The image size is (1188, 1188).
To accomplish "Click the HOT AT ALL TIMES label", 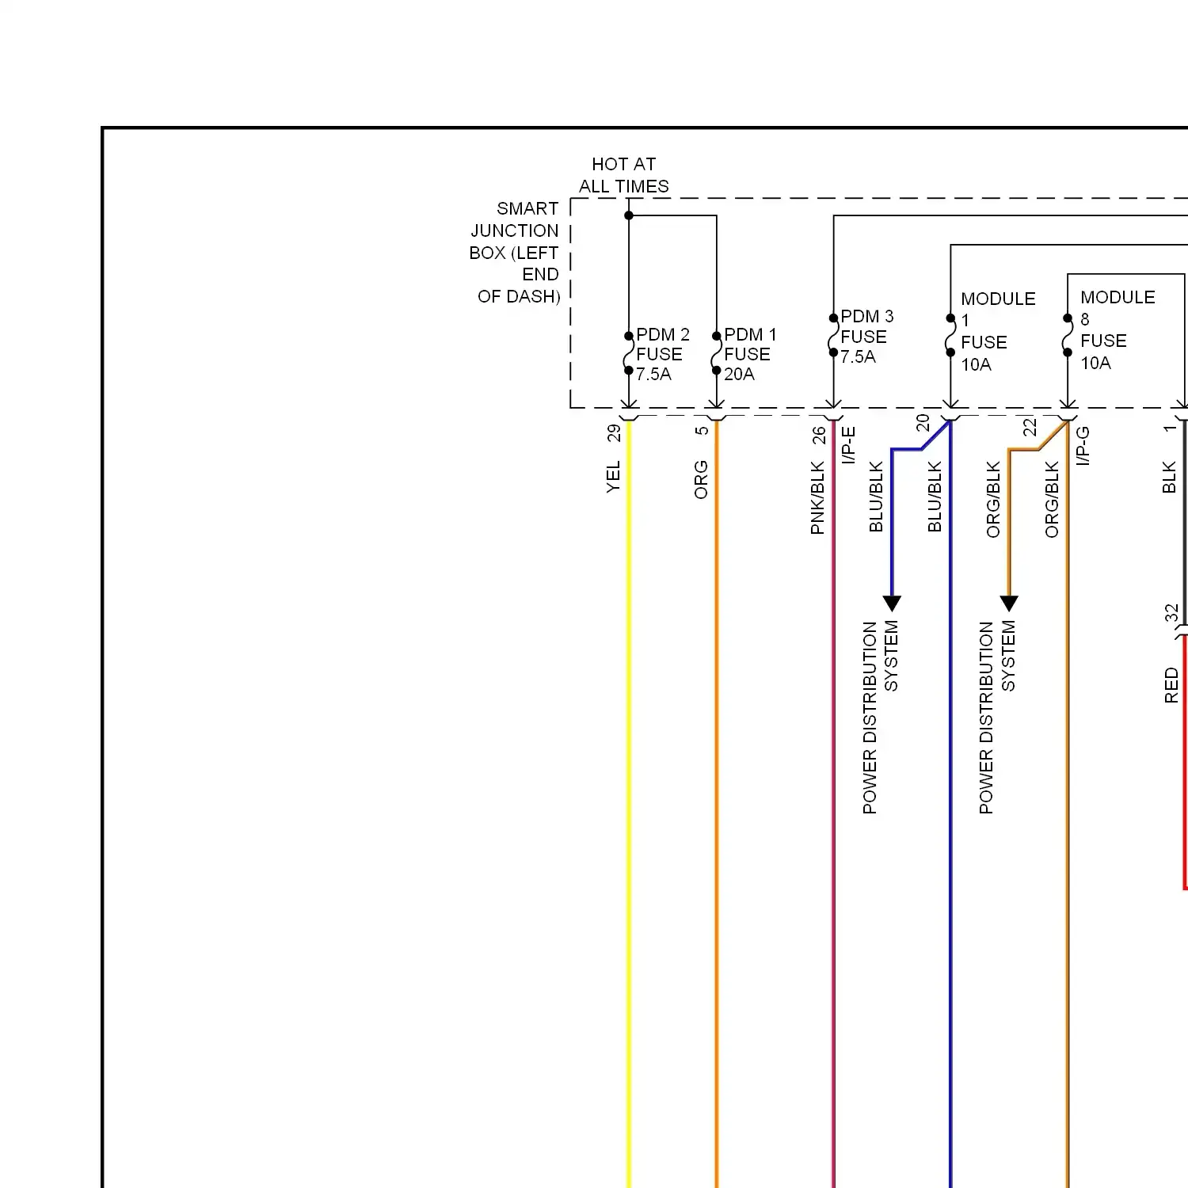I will pyautogui.click(x=623, y=175).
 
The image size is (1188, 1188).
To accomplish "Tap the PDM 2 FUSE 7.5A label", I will pyautogui.click(x=661, y=354).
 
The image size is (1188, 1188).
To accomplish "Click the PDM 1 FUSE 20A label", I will pyautogui.click(x=749, y=354).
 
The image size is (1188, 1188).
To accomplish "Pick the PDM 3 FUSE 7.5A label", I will pyautogui.click(x=866, y=337).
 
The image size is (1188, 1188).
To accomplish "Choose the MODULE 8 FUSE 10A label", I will pyautogui.click(x=1116, y=329).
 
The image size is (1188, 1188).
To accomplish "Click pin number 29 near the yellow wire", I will pyautogui.click(x=614, y=433).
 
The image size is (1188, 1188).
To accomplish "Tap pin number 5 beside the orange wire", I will pyautogui.click(x=702, y=431).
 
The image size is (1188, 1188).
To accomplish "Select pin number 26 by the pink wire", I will pyautogui.click(x=819, y=435).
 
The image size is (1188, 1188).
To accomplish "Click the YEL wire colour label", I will pyautogui.click(x=614, y=477).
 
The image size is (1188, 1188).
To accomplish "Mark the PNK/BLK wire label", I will pyautogui.click(x=818, y=498).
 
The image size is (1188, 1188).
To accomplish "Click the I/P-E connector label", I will pyautogui.click(x=848, y=444).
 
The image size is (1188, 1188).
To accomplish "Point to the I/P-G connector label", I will pyautogui.click(x=1083, y=445).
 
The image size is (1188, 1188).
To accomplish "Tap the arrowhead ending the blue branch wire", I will pyautogui.click(x=892, y=604).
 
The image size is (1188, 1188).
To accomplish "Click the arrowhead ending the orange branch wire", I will pyautogui.click(x=1008, y=604).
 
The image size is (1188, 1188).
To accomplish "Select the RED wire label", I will pyautogui.click(x=1171, y=685).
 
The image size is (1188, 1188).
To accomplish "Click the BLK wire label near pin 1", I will pyautogui.click(x=1169, y=478).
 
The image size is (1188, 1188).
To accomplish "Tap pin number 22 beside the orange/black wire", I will pyautogui.click(x=1030, y=427).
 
